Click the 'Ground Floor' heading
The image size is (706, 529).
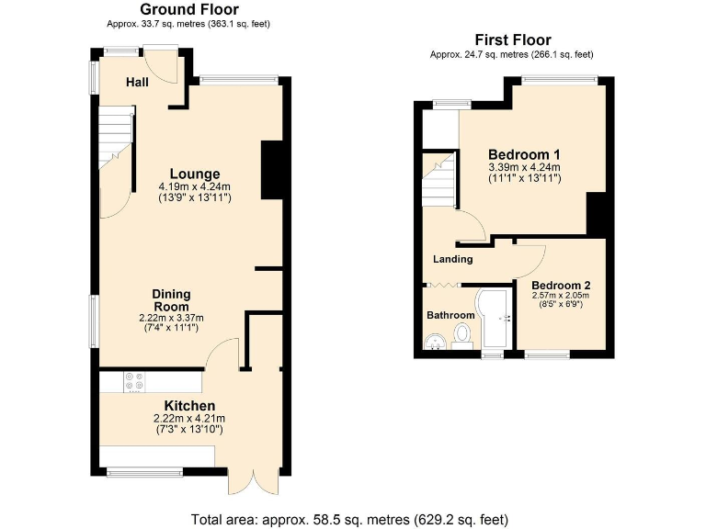click(188, 9)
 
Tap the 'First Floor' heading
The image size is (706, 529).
click(512, 39)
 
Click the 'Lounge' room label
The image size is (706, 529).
click(194, 174)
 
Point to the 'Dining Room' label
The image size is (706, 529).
click(172, 300)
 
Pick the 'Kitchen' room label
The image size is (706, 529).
click(189, 406)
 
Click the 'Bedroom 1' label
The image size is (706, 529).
click(524, 153)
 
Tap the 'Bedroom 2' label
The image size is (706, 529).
click(560, 284)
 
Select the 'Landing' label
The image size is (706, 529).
click(453, 259)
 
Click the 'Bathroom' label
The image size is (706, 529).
click(450, 315)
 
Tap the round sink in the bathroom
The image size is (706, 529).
click(435, 342)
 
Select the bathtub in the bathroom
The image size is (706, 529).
click(494, 321)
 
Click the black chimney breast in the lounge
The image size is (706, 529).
click(272, 169)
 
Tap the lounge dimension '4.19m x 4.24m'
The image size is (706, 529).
click(194, 186)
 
